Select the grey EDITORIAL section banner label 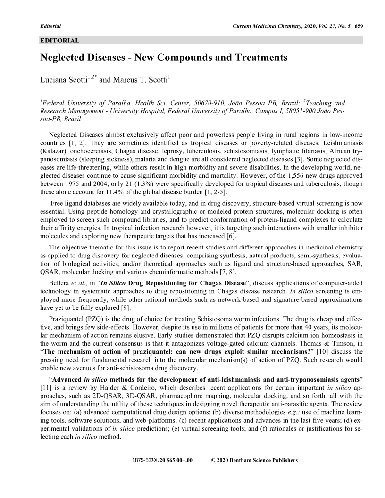coord(60,41)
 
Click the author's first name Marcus coord(125,80)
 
